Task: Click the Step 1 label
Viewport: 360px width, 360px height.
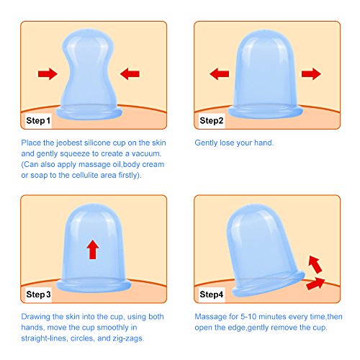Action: [38, 120]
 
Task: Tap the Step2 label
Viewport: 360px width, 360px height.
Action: [212, 120]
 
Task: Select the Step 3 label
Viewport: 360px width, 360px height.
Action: [38, 294]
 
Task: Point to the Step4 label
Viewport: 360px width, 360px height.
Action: [212, 294]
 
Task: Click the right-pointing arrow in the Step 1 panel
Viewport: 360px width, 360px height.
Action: [48, 73]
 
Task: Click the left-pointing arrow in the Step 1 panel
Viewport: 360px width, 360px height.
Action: [130, 73]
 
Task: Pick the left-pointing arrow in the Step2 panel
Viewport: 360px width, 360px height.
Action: [220, 73]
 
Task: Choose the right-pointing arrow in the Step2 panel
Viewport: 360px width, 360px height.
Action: [311, 73]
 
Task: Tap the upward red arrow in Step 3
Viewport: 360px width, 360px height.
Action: [93, 249]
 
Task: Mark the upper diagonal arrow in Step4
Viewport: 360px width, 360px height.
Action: [315, 264]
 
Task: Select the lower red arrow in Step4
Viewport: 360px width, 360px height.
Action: [315, 284]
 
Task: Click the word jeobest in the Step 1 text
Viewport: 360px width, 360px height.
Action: [70, 143]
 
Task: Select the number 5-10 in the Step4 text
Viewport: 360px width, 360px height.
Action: [248, 317]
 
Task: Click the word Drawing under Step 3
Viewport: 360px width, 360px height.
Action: [35, 317]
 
